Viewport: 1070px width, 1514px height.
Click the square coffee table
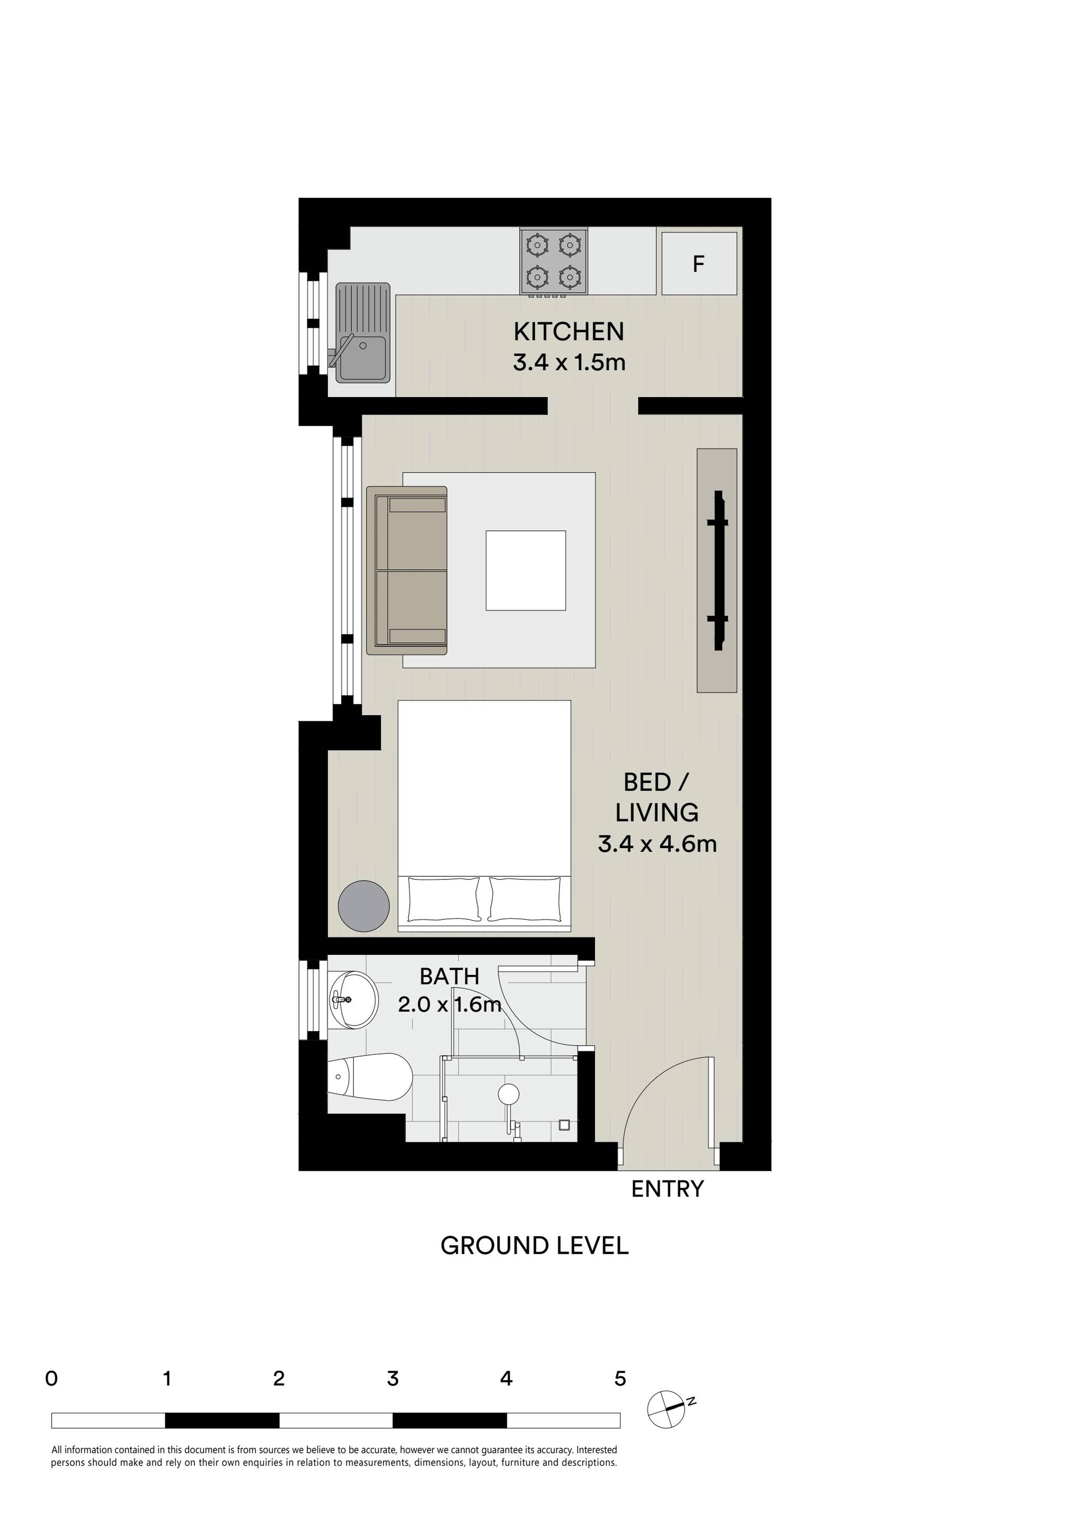tap(525, 570)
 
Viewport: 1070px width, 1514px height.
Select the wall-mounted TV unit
tap(717, 570)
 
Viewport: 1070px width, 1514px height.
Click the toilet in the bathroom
tap(369, 1077)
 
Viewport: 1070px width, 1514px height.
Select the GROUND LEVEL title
tap(534, 1246)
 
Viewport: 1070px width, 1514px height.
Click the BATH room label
tap(450, 976)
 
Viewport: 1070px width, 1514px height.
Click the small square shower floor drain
tap(564, 1124)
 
